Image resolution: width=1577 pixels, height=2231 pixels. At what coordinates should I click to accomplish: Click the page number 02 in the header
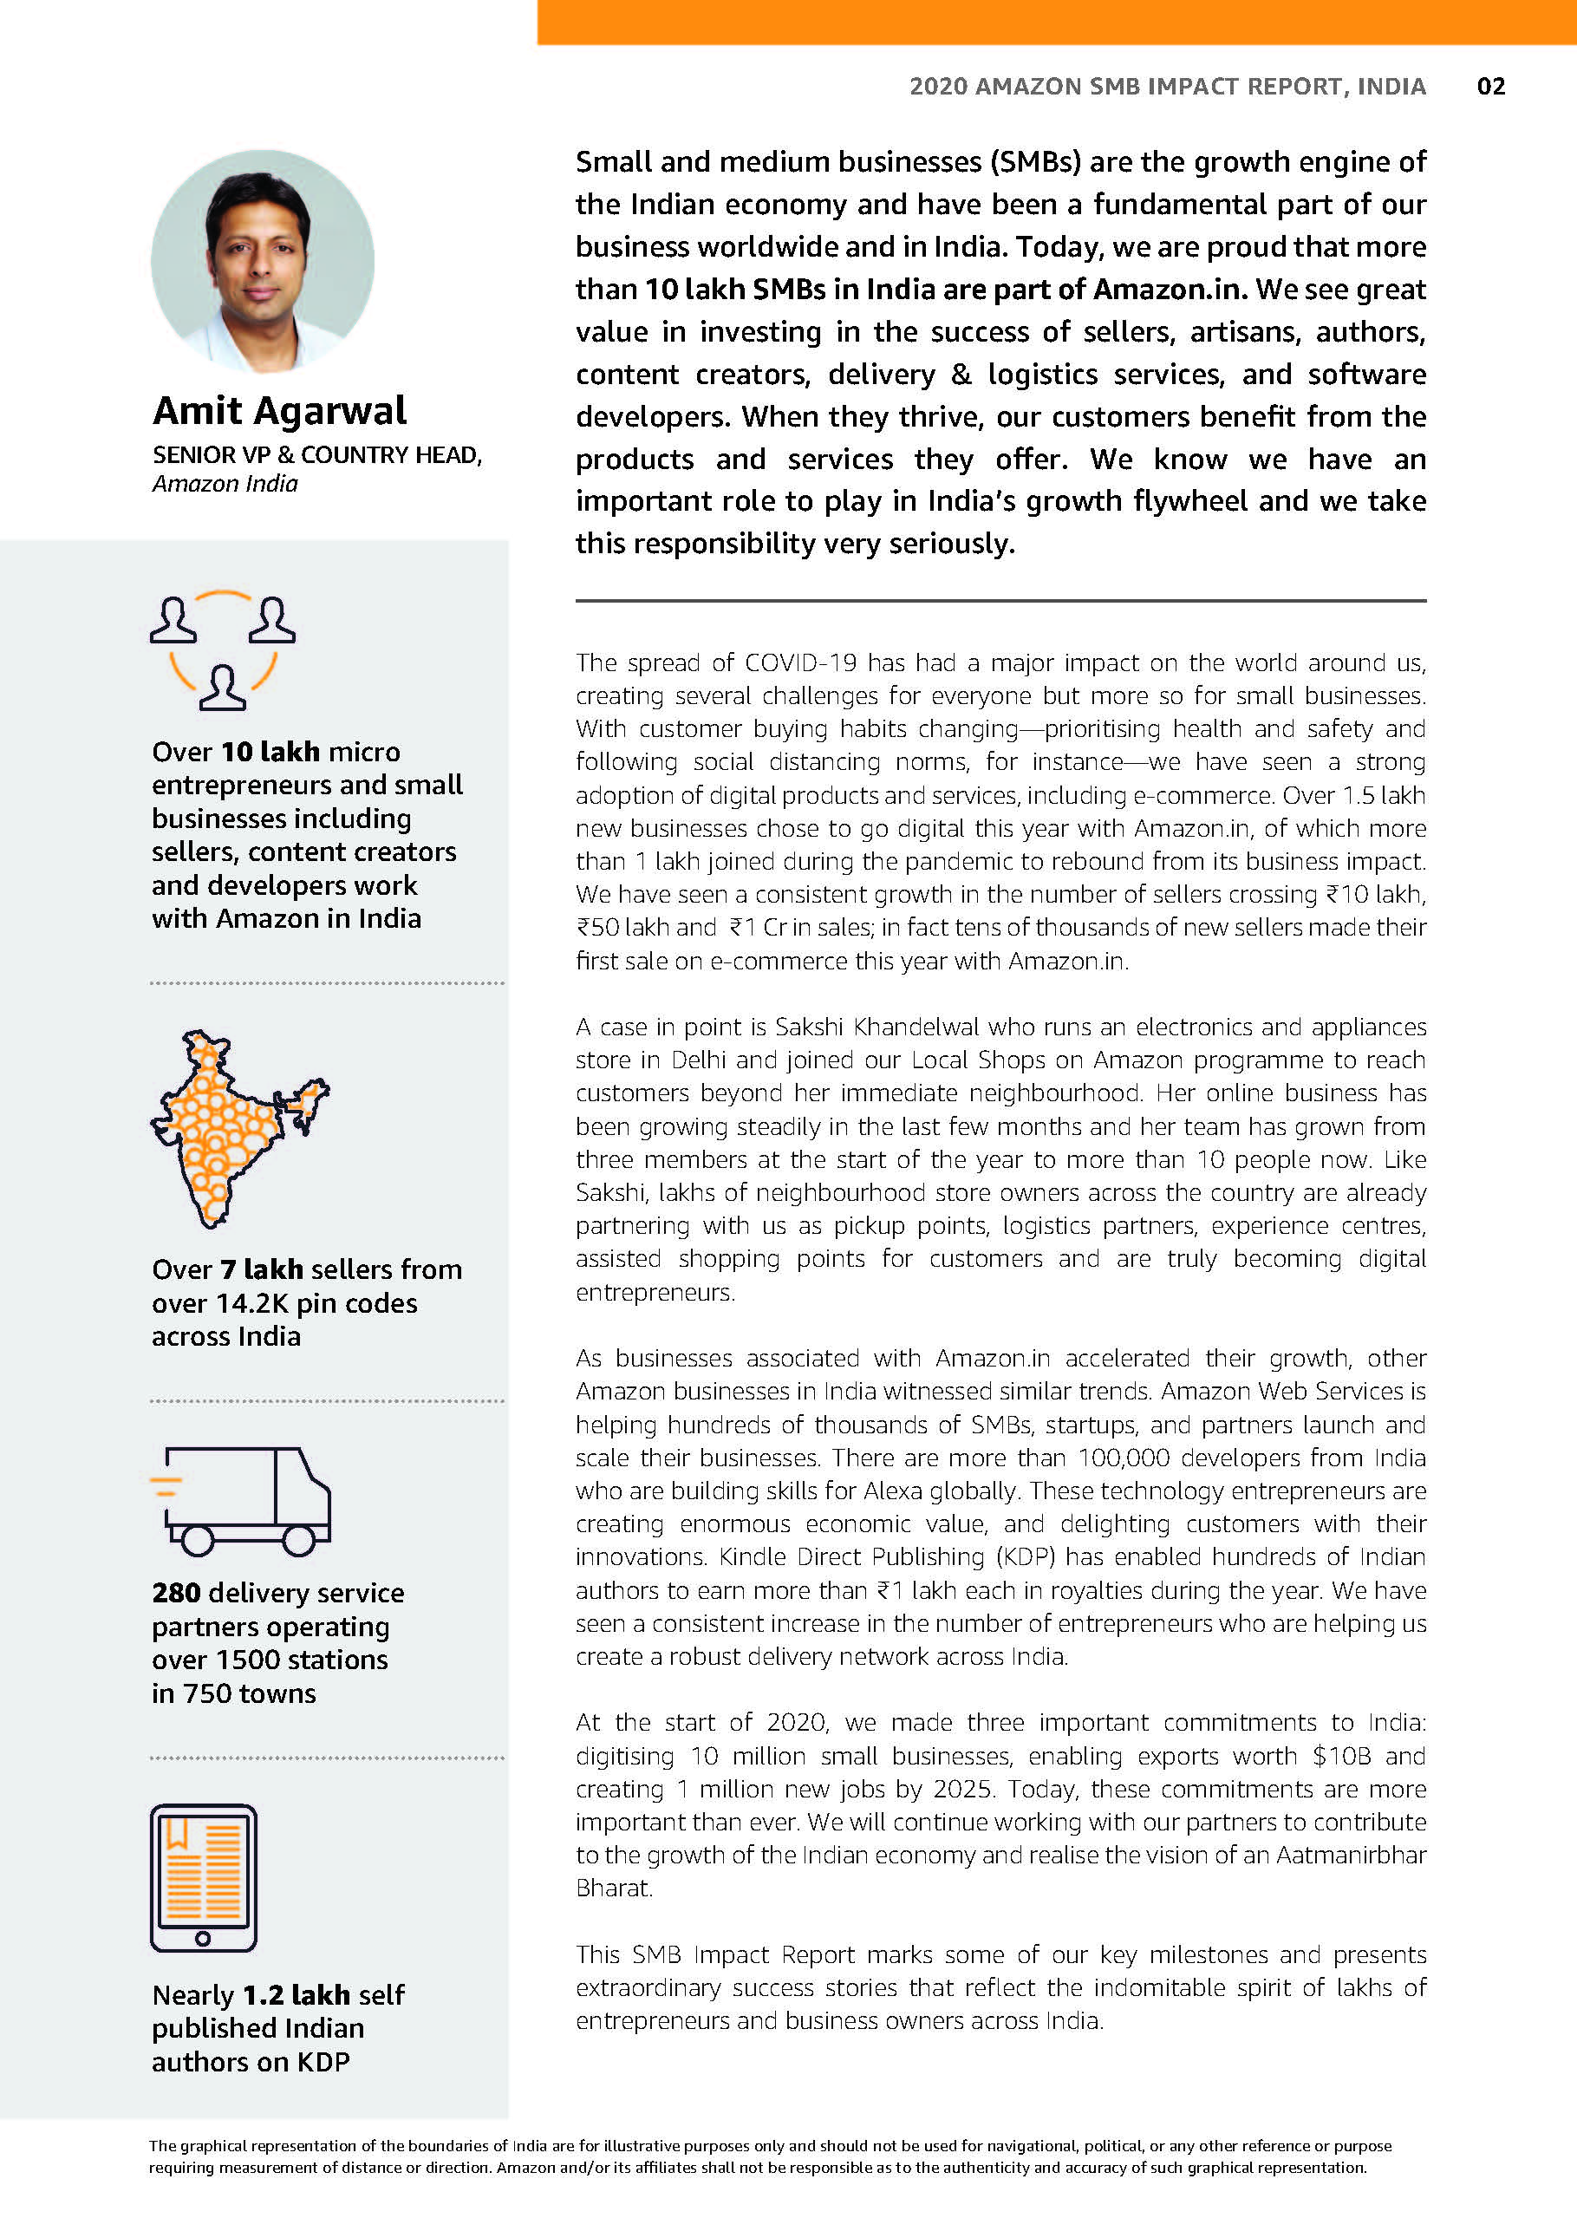[x=1489, y=87]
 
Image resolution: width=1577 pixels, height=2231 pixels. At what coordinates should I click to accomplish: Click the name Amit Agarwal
[x=279, y=410]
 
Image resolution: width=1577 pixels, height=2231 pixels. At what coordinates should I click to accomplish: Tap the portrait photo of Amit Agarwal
[x=263, y=260]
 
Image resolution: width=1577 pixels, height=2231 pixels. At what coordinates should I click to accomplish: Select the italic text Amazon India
[x=225, y=484]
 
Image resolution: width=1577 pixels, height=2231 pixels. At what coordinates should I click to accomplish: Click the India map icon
[x=233, y=1127]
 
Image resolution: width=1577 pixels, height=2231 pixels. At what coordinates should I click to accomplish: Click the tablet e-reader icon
[x=203, y=1878]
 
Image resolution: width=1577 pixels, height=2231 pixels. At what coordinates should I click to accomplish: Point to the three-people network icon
[x=223, y=649]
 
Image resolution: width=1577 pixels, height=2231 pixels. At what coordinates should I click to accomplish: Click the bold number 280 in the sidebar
[x=176, y=1593]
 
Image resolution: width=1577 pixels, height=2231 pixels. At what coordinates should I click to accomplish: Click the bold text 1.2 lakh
[x=296, y=1995]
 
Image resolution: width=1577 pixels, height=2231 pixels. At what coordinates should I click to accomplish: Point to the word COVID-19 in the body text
[x=801, y=662]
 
